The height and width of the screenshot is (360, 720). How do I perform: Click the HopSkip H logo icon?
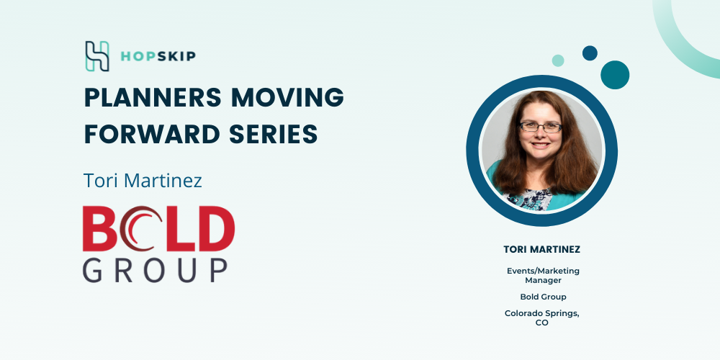[97, 56]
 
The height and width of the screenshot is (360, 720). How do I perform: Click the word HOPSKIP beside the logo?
[158, 56]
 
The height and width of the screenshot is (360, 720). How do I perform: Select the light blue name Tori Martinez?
[143, 181]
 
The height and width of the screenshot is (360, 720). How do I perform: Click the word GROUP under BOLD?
[156, 270]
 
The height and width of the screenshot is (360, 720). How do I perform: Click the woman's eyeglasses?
[541, 127]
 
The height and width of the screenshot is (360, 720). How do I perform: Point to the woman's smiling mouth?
[541, 145]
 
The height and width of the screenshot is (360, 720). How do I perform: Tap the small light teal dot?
[558, 60]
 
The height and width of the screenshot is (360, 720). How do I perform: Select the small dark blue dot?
[590, 53]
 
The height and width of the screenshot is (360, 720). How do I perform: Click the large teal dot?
[615, 75]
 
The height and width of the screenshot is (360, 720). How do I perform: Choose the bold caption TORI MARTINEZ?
[542, 249]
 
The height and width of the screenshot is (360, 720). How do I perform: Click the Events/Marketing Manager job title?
[543, 276]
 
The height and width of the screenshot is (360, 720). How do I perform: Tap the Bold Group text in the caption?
[543, 297]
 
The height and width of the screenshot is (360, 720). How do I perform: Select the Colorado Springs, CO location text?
[542, 318]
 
